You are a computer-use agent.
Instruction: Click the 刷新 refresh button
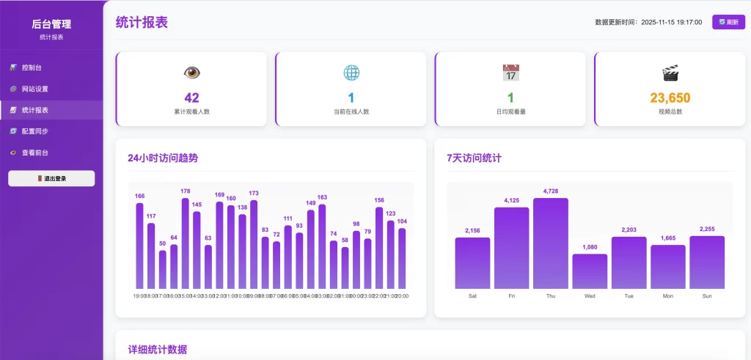(728, 22)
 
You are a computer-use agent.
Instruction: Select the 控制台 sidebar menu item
(31, 67)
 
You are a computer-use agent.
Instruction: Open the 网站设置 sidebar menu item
(34, 89)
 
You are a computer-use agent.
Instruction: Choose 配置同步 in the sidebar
(34, 131)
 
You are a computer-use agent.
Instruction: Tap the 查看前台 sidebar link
(34, 153)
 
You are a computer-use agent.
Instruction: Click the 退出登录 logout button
(51, 178)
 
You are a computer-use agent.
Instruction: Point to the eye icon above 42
(192, 73)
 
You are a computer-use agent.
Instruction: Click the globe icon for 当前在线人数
(351, 73)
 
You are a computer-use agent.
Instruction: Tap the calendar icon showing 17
(510, 73)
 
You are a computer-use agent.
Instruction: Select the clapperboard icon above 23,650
(670, 73)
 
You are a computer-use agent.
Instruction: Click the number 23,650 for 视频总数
(670, 98)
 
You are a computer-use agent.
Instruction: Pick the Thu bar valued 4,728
(551, 243)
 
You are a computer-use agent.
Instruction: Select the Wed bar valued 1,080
(590, 271)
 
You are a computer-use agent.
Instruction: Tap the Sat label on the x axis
(472, 296)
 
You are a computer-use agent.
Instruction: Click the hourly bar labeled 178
(186, 243)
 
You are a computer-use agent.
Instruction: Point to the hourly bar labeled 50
(163, 270)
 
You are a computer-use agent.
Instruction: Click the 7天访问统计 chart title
(474, 158)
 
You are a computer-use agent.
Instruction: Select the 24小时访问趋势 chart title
(163, 158)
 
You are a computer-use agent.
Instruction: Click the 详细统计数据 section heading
(157, 350)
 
